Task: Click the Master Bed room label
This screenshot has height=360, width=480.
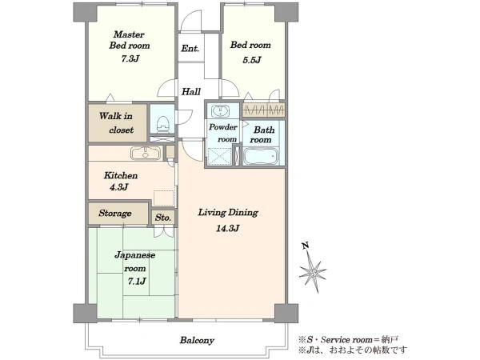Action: (130, 40)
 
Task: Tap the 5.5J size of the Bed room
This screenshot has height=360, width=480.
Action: (252, 60)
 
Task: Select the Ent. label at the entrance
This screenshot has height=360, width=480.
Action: (190, 48)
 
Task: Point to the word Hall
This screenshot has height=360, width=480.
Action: (191, 91)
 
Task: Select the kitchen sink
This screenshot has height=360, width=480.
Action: (146, 153)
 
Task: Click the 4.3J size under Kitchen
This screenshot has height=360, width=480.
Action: (118, 186)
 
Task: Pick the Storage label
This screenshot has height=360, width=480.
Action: (115, 213)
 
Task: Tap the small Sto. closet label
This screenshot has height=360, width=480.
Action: (163, 218)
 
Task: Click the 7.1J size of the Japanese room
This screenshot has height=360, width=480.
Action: (137, 281)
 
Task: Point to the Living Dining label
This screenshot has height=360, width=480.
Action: (228, 213)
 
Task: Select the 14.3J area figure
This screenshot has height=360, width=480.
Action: (227, 228)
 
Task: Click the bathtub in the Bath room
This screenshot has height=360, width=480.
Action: (261, 157)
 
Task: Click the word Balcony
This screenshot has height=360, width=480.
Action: (197, 341)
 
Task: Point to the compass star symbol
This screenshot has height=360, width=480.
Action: (313, 271)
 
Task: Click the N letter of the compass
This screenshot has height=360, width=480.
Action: (306, 246)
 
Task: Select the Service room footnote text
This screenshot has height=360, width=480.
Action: (349, 339)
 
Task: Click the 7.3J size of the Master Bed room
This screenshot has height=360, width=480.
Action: (130, 58)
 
